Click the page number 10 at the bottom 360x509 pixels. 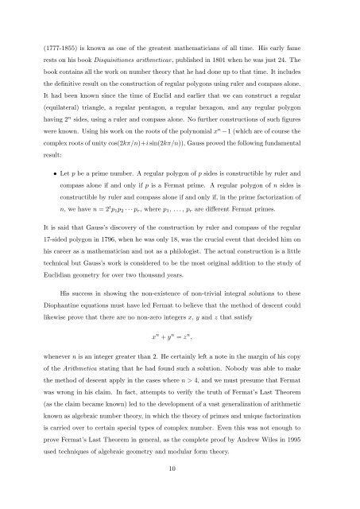180,491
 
